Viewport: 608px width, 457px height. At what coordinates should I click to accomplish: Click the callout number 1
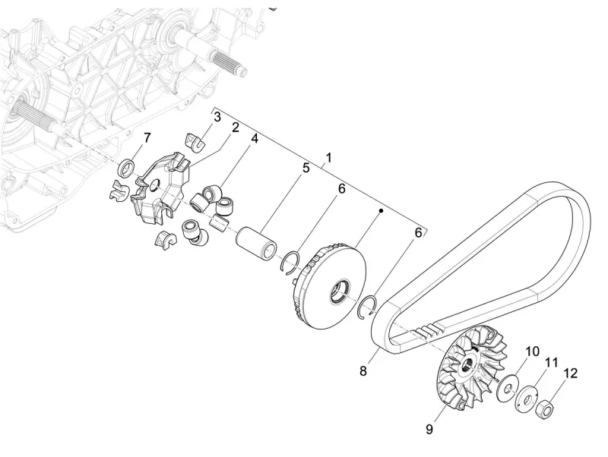click(328, 158)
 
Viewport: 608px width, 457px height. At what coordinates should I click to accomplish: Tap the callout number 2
click(236, 128)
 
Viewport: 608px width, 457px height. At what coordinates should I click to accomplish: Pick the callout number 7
click(147, 137)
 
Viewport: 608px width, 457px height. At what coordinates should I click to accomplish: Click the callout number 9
click(429, 430)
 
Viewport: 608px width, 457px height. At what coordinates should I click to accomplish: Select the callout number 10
click(532, 351)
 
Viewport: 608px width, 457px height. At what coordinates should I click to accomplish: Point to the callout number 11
click(552, 362)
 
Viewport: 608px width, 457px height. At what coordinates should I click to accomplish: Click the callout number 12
click(570, 373)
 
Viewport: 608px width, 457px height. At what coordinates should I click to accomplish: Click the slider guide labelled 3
click(196, 140)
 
